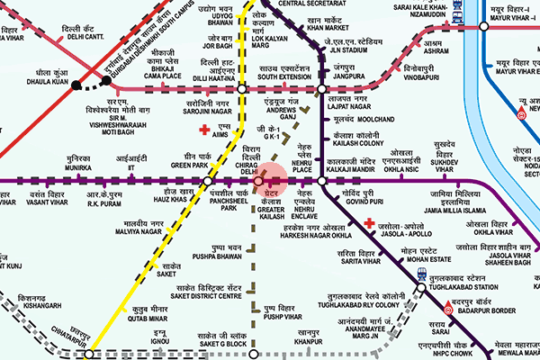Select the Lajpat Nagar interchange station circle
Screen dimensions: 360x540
[x=322, y=89]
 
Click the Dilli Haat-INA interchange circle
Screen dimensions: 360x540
[x=243, y=89]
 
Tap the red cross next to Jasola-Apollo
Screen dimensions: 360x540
[x=368, y=220]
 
